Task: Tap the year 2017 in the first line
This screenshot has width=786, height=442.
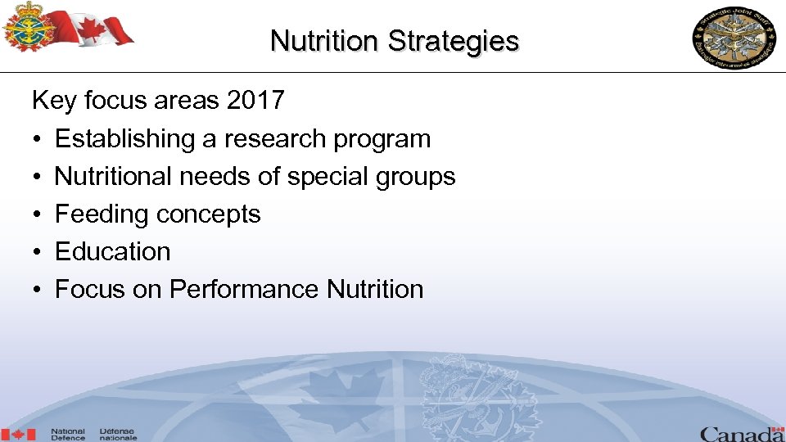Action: tap(255, 101)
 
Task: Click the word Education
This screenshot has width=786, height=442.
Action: tap(112, 252)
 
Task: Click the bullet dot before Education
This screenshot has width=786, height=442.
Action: tap(38, 253)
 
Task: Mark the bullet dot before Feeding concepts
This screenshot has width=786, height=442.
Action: tap(38, 215)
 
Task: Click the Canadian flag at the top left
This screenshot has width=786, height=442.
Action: tap(102, 27)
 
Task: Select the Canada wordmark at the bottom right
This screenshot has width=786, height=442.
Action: tap(742, 433)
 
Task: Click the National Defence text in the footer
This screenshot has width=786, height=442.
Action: tap(68, 435)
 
